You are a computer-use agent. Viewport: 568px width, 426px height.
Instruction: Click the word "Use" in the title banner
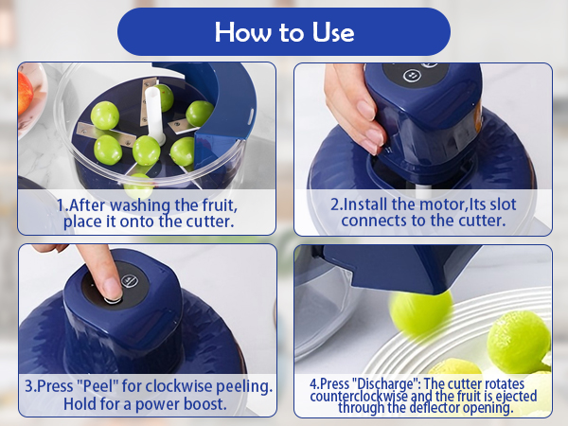(x=333, y=32)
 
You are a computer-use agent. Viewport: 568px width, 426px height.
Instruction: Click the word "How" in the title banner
(x=242, y=32)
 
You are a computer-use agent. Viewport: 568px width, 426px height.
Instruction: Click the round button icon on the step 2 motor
(x=412, y=76)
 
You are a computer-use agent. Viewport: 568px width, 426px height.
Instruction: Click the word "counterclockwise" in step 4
(x=359, y=396)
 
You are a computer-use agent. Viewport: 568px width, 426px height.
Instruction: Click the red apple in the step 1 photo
(x=25, y=93)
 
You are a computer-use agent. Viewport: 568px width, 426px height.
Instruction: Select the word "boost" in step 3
(x=205, y=404)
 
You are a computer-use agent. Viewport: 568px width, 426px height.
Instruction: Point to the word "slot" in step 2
(x=503, y=204)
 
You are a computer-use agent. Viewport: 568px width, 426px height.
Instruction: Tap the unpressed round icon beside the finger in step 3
(x=130, y=280)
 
